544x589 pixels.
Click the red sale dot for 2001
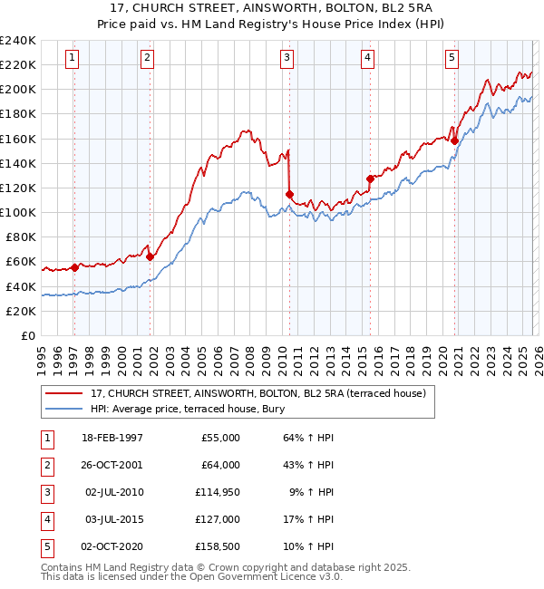150,256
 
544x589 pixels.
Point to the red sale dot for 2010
289,194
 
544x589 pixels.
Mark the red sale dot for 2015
370,179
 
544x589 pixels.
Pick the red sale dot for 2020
454,140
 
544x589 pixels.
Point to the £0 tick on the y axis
28,335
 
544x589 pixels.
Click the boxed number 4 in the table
46,519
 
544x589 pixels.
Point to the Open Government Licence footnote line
180,576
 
